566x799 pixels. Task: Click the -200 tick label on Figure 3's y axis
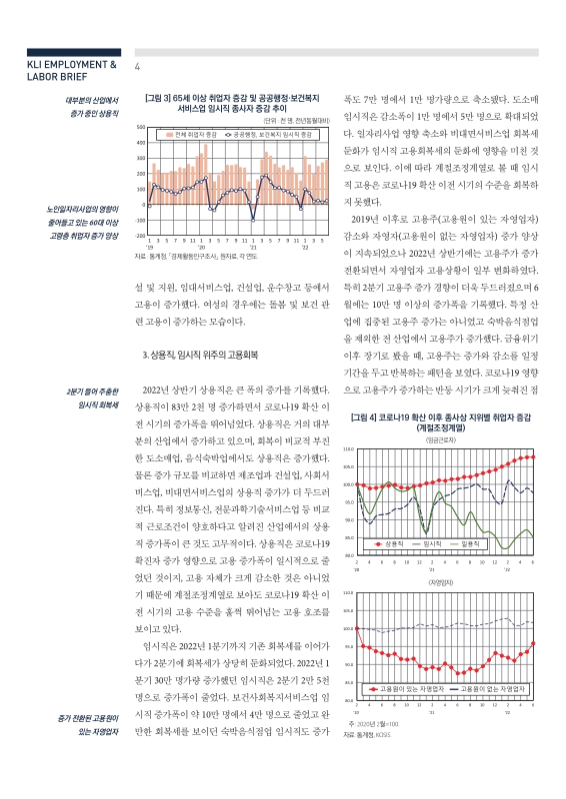coord(140,236)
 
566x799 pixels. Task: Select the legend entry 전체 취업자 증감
coord(189,133)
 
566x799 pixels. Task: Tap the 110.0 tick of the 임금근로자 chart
coord(350,450)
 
